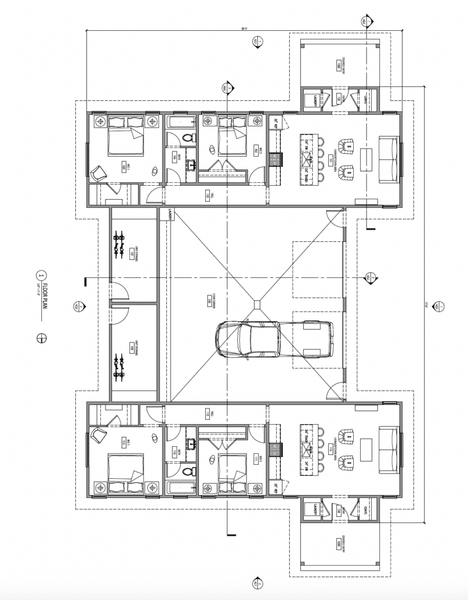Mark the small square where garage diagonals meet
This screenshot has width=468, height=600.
[256, 303]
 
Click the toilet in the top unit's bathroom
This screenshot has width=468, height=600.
[188, 139]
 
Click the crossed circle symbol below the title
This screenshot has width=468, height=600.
[41, 337]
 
